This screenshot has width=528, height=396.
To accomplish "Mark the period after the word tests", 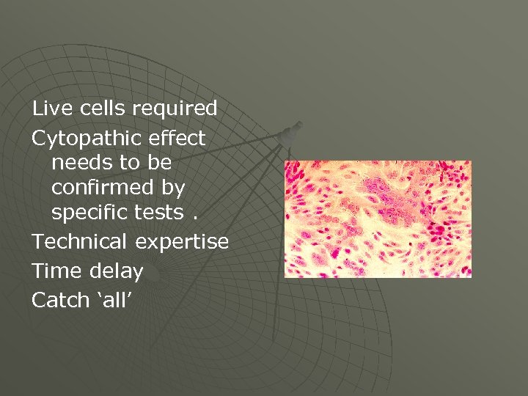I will click(191, 217).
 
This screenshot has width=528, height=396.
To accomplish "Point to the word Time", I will click(56, 271).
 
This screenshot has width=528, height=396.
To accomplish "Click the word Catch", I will click(60, 300).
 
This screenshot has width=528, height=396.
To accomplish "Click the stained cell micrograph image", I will click(377, 219).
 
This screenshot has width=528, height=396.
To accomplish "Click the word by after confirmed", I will click(173, 188).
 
